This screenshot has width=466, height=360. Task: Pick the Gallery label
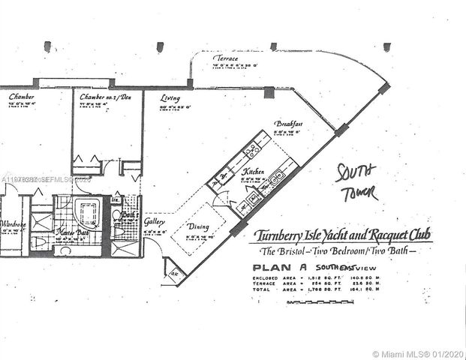tap(155, 222)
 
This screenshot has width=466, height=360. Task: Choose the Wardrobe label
tap(13, 224)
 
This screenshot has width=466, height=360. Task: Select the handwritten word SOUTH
tap(356, 170)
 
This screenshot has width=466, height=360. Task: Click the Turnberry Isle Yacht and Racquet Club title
tap(342, 235)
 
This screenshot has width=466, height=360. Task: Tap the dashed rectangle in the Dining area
tap(198, 229)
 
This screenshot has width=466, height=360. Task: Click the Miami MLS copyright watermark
tap(417, 353)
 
